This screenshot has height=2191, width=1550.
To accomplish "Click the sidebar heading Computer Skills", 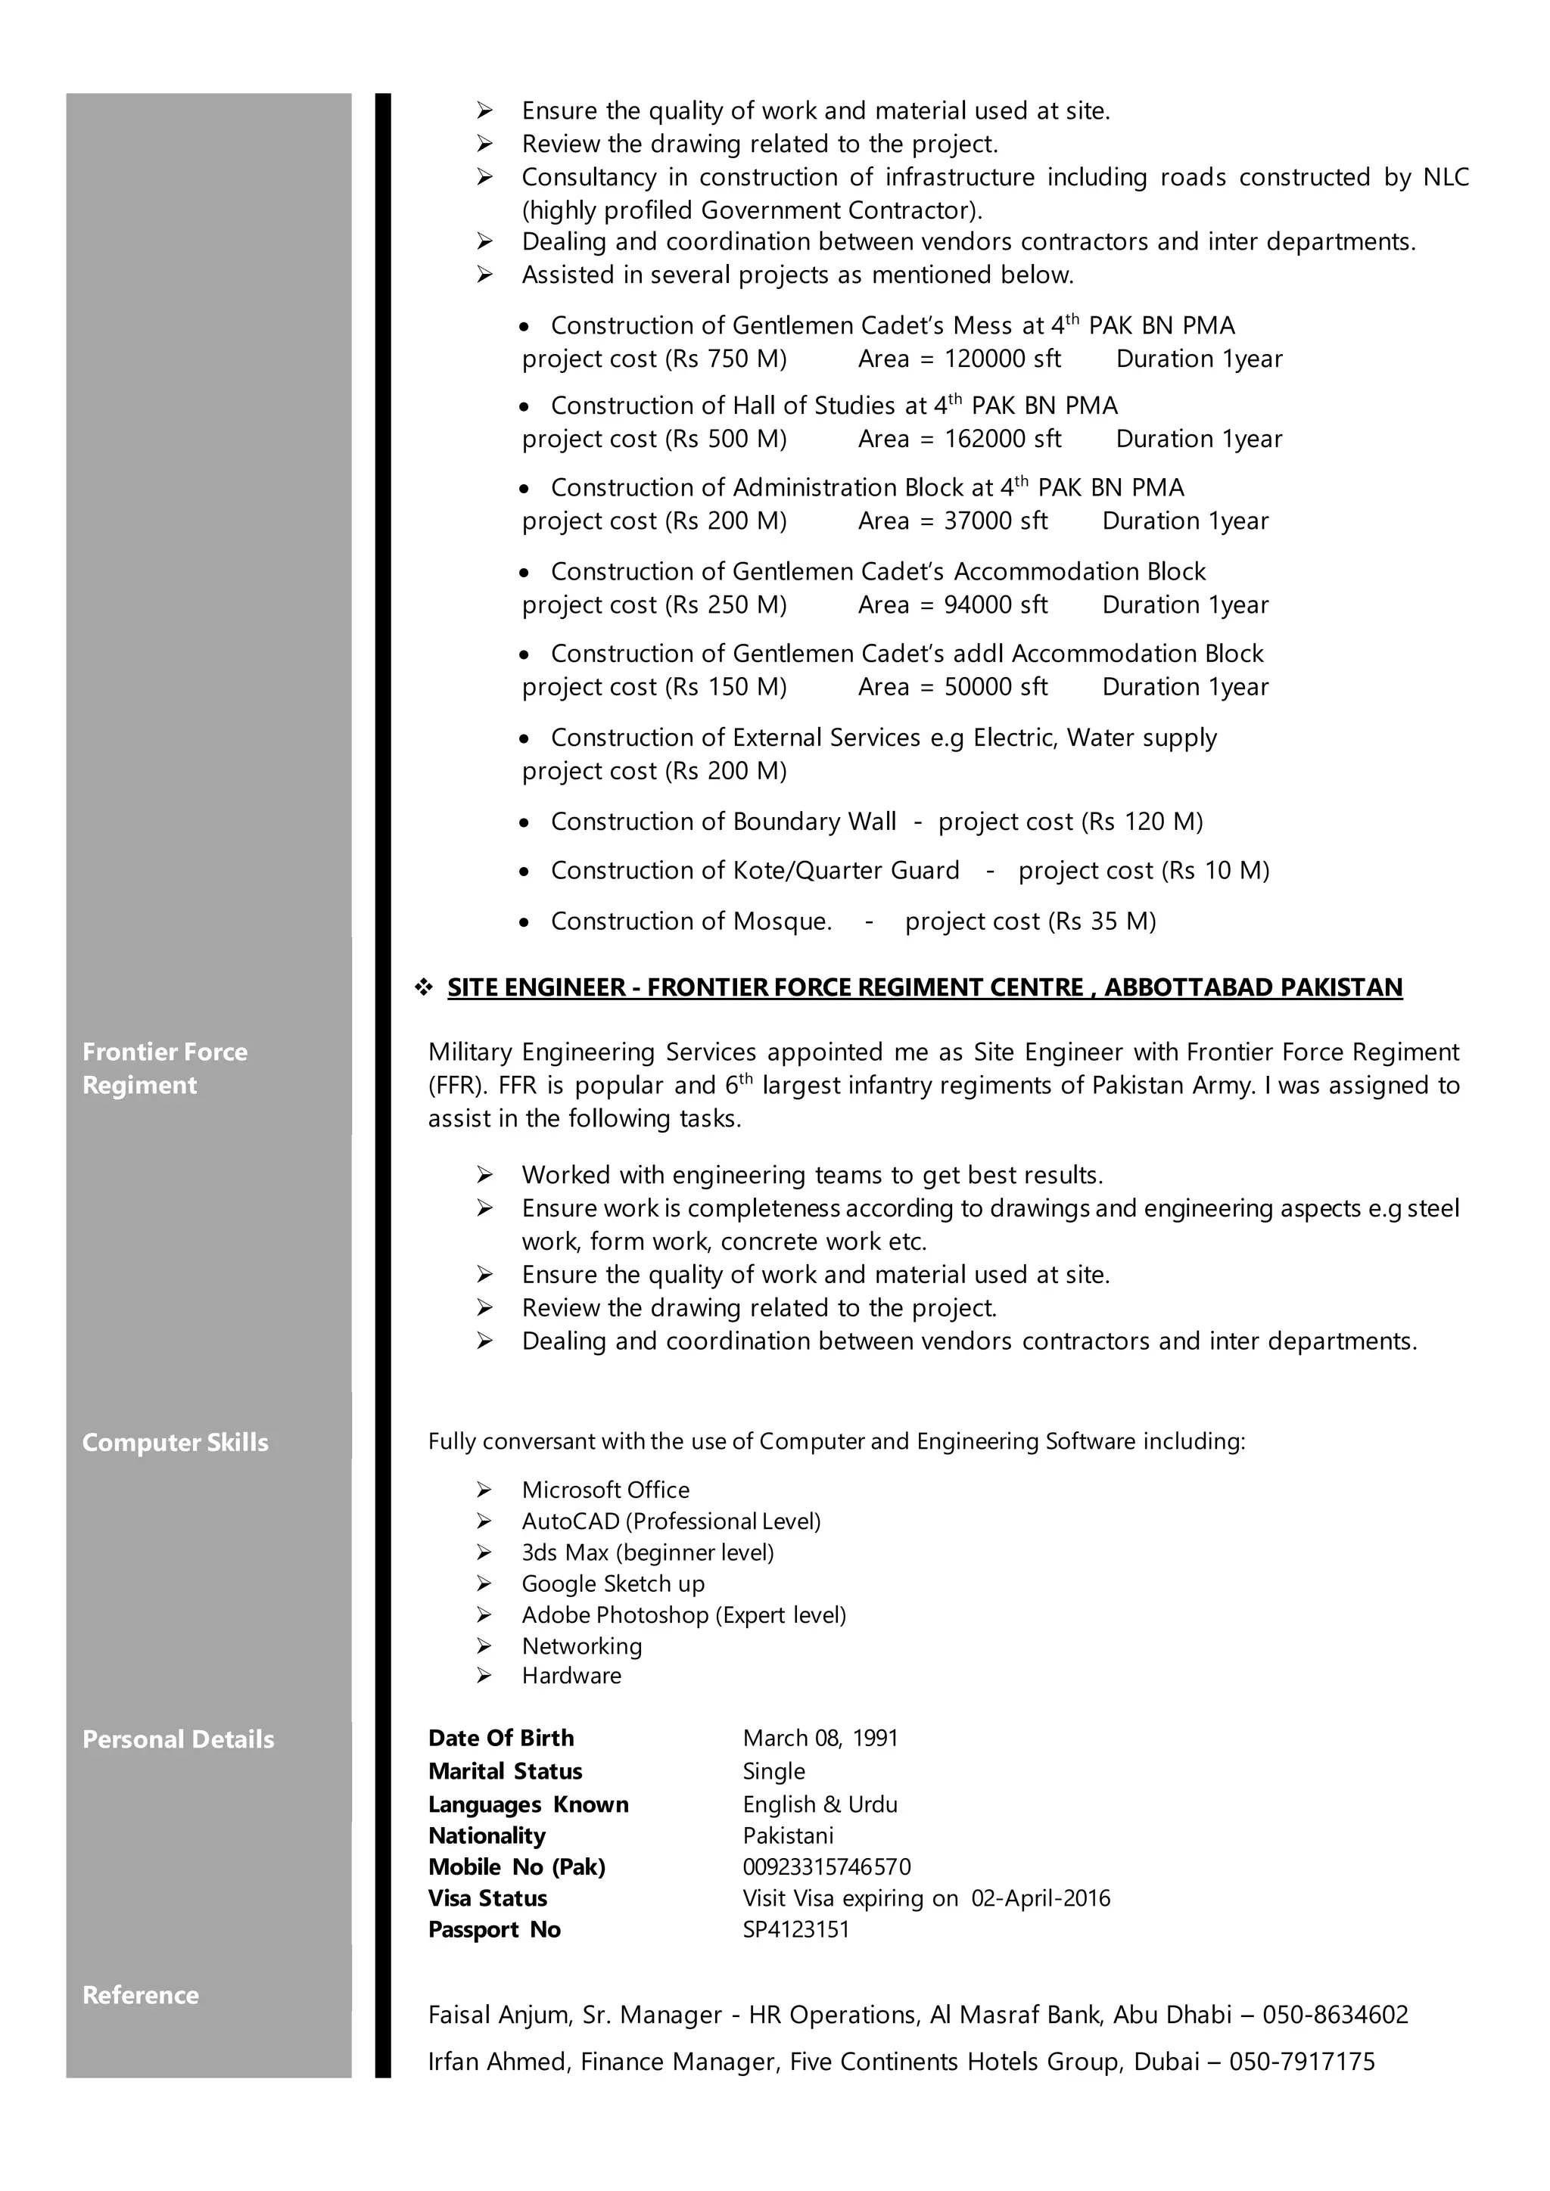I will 175,1442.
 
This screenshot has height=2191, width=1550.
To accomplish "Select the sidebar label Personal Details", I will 178,1739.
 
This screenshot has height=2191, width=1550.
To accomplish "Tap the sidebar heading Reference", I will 140,1994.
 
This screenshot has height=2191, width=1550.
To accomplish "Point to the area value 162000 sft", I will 1002,439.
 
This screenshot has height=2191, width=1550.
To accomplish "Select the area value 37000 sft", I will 995,521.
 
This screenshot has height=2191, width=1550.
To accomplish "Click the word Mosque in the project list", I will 781,921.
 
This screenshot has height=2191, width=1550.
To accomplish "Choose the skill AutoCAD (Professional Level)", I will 671,1521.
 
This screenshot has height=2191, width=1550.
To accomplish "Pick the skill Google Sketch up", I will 613,1583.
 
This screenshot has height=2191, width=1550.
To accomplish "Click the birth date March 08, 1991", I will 820,1738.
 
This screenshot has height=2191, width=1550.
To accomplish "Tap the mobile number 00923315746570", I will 826,1866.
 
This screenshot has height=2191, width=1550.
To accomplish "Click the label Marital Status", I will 505,1771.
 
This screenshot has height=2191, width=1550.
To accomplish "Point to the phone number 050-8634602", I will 1334,2015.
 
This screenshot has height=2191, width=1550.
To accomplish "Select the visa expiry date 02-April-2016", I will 1041,1898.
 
